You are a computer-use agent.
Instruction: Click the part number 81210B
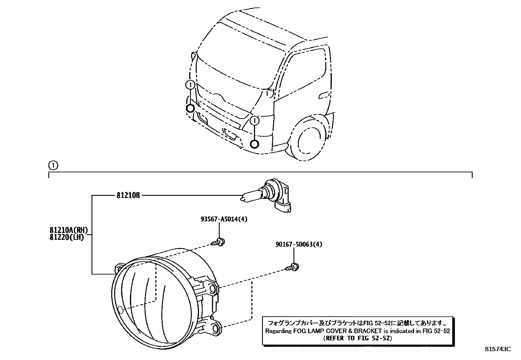point(128,196)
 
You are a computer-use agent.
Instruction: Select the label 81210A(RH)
point(69,231)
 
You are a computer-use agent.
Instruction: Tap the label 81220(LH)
point(67,237)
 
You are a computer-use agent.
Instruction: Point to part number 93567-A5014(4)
point(224,219)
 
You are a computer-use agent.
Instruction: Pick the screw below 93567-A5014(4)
point(219,243)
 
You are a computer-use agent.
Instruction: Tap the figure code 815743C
point(497,349)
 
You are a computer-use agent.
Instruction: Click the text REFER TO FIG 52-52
point(357,338)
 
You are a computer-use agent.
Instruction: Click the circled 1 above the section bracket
point(53,166)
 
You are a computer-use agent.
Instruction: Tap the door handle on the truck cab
point(323,95)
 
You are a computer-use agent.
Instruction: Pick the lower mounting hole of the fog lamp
point(215,328)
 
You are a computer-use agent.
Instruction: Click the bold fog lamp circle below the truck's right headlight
point(255,144)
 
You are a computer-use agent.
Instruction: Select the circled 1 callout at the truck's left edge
point(190,85)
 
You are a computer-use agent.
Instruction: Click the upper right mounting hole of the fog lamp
point(213,289)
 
